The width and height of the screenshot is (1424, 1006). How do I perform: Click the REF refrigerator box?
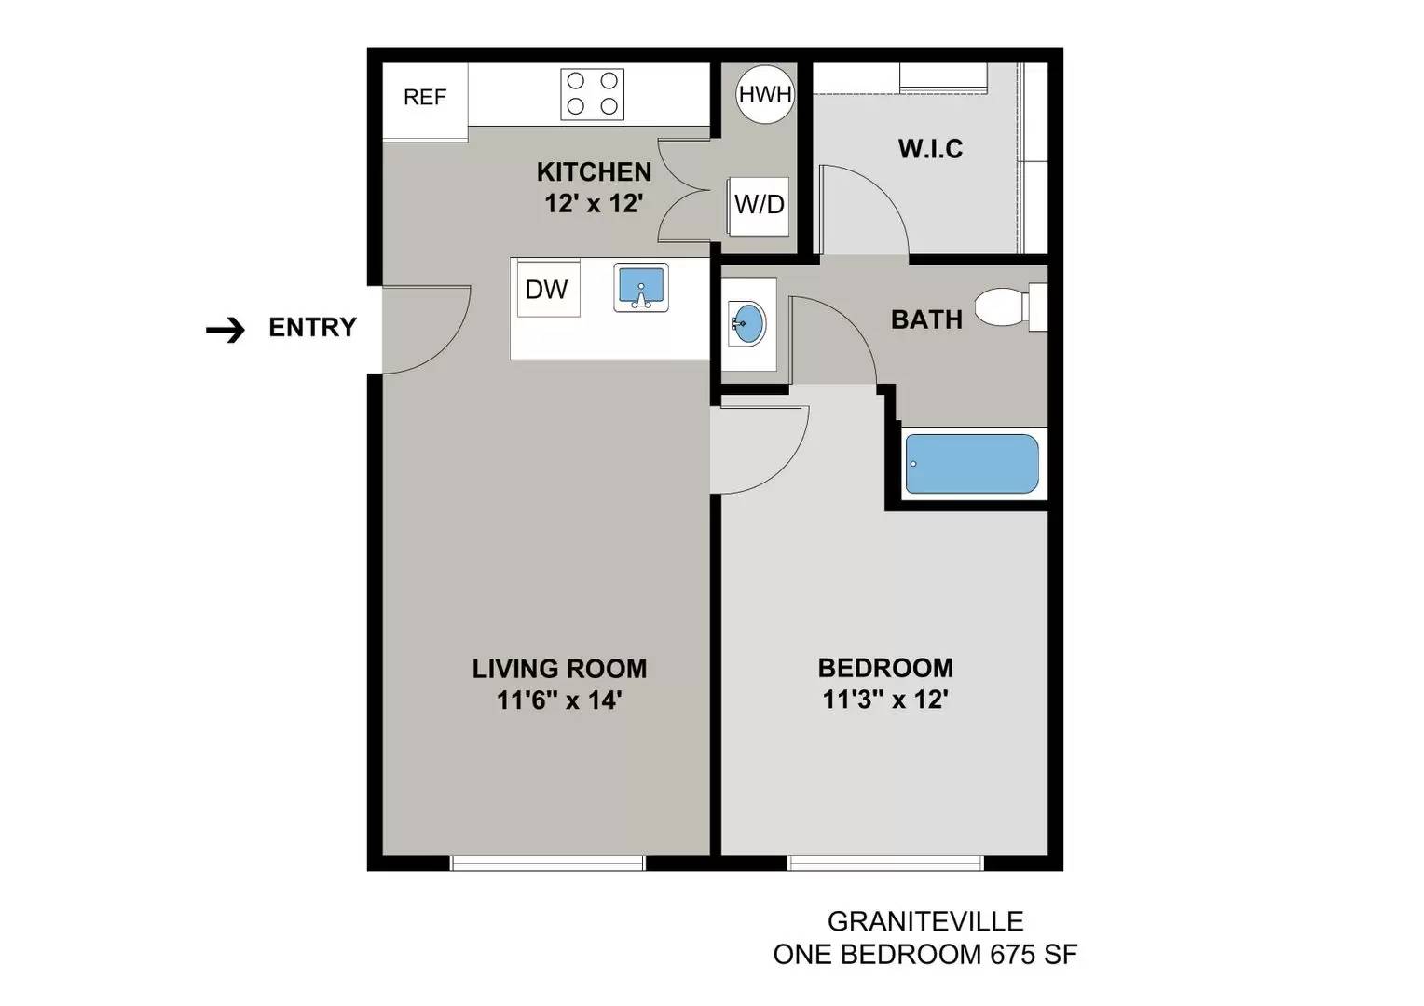pyautogui.click(x=425, y=101)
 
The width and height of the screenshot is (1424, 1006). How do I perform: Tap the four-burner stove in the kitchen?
pyautogui.click(x=592, y=94)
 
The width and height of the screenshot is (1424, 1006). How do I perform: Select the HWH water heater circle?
pyautogui.click(x=765, y=94)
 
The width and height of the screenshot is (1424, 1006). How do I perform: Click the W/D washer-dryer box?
pyautogui.click(x=759, y=206)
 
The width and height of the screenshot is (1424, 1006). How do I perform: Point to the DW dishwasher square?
pyautogui.click(x=548, y=289)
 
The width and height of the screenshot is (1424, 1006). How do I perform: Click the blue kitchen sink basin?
pyautogui.click(x=641, y=287)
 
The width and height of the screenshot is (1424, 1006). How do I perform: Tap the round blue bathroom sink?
pyautogui.click(x=748, y=324)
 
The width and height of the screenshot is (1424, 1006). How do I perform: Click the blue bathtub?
pyautogui.click(x=972, y=464)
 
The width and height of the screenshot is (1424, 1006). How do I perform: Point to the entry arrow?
pyautogui.click(x=226, y=330)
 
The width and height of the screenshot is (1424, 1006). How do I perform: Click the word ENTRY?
pyautogui.click(x=313, y=327)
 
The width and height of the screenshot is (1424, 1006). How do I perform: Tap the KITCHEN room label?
pyautogui.click(x=595, y=172)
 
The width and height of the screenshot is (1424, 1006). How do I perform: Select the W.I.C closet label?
pyautogui.click(x=930, y=149)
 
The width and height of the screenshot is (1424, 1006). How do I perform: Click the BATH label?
pyautogui.click(x=926, y=319)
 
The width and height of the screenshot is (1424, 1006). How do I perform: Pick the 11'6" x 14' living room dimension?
pyautogui.click(x=559, y=700)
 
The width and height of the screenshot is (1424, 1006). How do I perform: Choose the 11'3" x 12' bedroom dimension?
pyautogui.click(x=885, y=700)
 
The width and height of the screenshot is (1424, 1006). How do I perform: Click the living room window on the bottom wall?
pyautogui.click(x=547, y=863)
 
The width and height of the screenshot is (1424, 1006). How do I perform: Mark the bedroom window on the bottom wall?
pyautogui.click(x=885, y=863)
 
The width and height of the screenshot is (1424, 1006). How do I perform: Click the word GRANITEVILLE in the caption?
pyautogui.click(x=925, y=921)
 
